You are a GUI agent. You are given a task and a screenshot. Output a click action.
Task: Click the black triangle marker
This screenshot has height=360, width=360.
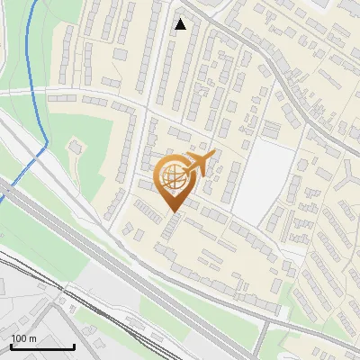point(181,24)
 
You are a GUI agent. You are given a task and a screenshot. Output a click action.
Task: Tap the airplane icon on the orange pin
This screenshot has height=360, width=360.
point(199,164)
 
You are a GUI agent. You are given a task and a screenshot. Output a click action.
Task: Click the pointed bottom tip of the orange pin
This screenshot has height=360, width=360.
point(173,212)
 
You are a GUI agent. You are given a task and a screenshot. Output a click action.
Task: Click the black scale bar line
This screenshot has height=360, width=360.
point(42,346)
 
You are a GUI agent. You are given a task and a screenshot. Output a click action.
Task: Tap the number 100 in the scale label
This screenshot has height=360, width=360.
point(20,338)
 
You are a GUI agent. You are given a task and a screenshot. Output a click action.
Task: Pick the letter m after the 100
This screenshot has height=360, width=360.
point(31,339)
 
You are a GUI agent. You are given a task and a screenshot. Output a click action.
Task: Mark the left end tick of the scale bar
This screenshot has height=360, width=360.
point(11,345)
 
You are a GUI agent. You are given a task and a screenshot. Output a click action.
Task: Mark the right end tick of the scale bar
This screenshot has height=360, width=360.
point(74,345)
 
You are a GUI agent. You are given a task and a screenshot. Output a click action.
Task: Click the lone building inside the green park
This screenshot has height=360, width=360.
point(75,145)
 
